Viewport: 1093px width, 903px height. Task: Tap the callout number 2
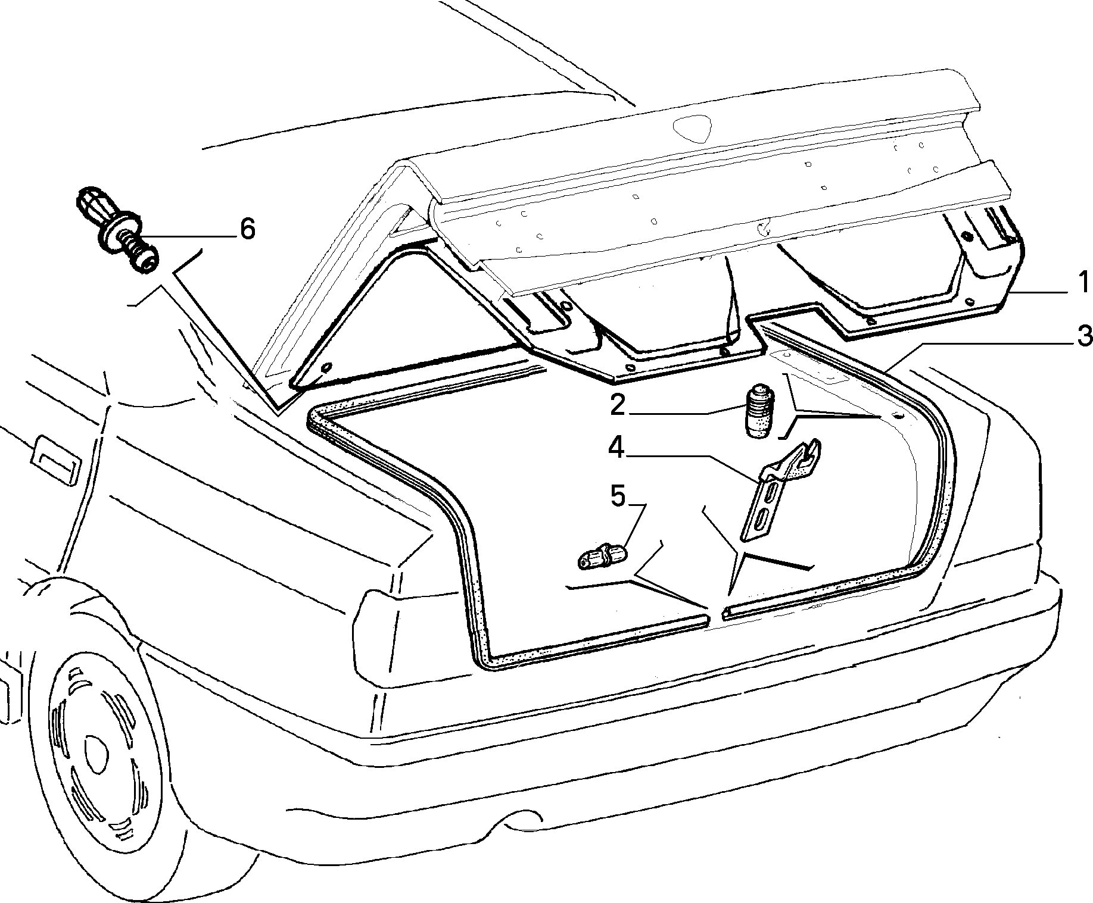click(x=617, y=406)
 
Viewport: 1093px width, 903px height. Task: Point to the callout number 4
click(x=616, y=448)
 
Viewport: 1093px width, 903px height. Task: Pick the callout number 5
click(x=618, y=496)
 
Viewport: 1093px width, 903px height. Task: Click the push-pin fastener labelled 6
click(x=118, y=230)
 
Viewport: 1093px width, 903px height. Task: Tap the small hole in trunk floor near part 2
click(x=898, y=414)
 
